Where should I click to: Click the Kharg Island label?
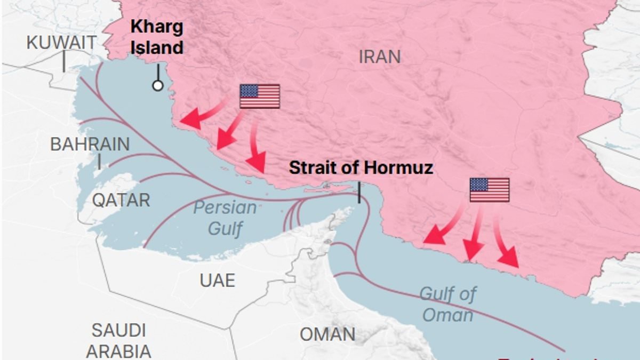157,37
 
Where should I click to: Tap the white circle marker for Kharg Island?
157,85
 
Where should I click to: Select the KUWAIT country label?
62,43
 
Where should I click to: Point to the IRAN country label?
379,57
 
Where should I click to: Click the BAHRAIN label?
90,144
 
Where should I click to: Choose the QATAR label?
121,201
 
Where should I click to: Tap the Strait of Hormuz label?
361,168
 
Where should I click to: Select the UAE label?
217,280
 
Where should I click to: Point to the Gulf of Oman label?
447,304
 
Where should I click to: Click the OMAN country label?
327,334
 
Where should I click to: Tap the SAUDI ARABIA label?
118,340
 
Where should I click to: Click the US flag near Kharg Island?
260,96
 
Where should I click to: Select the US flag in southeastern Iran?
489,190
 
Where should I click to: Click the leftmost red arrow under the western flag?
199,116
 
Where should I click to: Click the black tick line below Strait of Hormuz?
359,193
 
